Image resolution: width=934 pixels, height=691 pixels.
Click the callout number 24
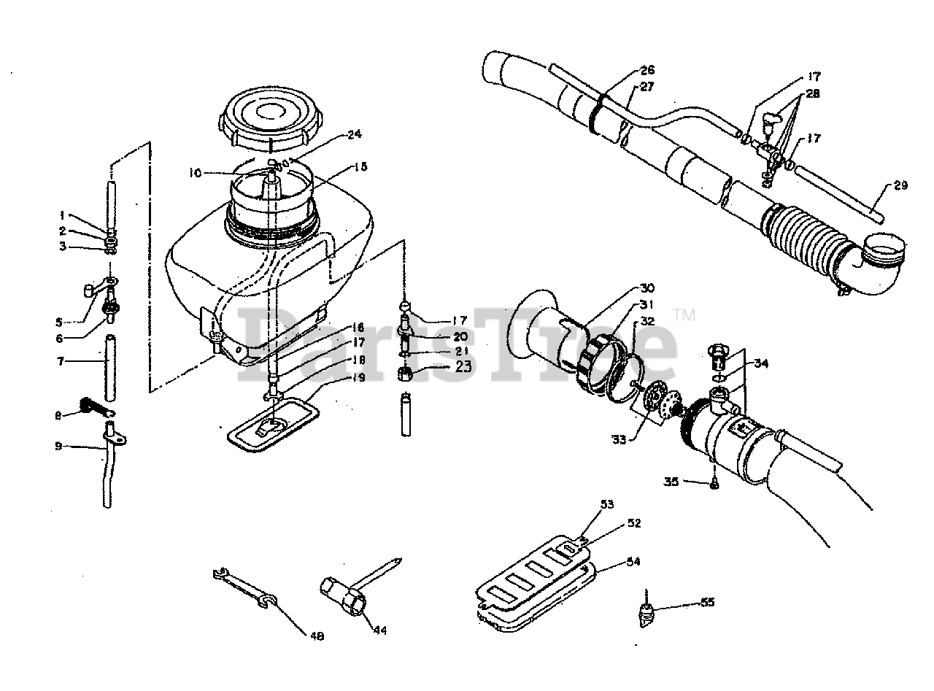coord(355,134)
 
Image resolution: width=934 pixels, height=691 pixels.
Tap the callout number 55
coord(707,602)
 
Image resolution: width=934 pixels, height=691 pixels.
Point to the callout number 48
coord(317,636)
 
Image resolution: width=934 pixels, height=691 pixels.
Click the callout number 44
coord(380,629)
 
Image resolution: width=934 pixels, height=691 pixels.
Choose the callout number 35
coord(671,481)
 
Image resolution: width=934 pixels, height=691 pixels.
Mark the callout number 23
coord(463,367)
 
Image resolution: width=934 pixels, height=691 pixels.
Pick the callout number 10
coord(194,173)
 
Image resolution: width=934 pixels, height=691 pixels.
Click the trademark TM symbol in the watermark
coord(684,315)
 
